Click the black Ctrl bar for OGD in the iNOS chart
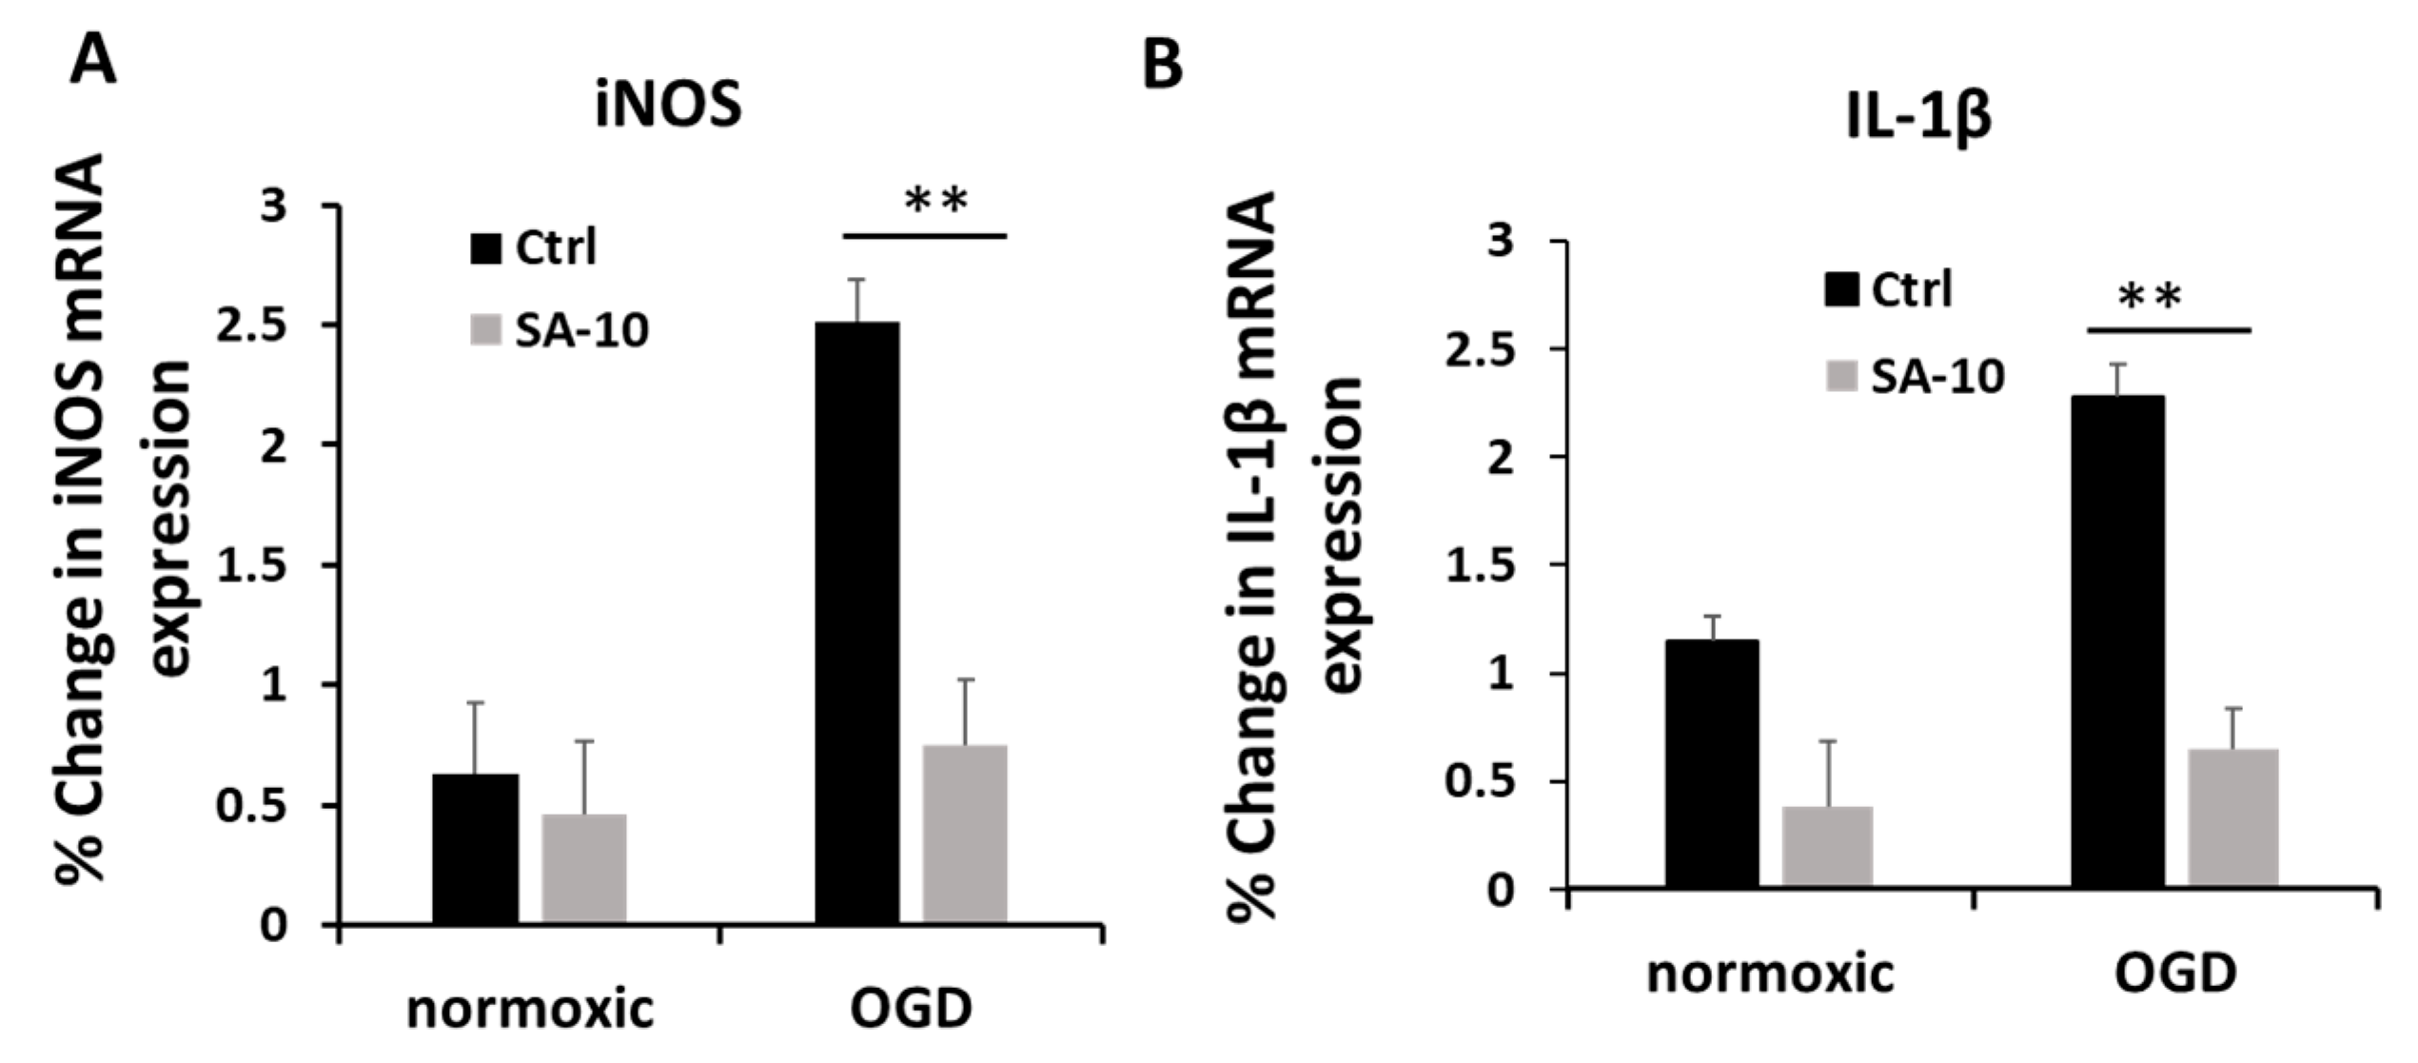click(x=857, y=623)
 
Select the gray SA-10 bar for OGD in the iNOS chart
click(x=965, y=834)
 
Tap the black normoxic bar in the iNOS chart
click(x=476, y=848)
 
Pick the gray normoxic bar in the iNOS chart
click(x=584, y=868)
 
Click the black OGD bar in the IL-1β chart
click(x=2117, y=642)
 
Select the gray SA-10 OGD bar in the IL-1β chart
click(x=2232, y=818)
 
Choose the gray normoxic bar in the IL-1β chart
click(x=1827, y=847)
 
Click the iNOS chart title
click(x=668, y=105)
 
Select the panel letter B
click(x=1162, y=63)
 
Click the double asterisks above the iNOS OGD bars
click(x=936, y=201)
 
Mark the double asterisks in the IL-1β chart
click(x=2150, y=298)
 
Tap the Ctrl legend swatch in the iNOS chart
click(x=485, y=249)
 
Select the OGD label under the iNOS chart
click(x=911, y=1008)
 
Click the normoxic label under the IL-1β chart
click(x=1770, y=974)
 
